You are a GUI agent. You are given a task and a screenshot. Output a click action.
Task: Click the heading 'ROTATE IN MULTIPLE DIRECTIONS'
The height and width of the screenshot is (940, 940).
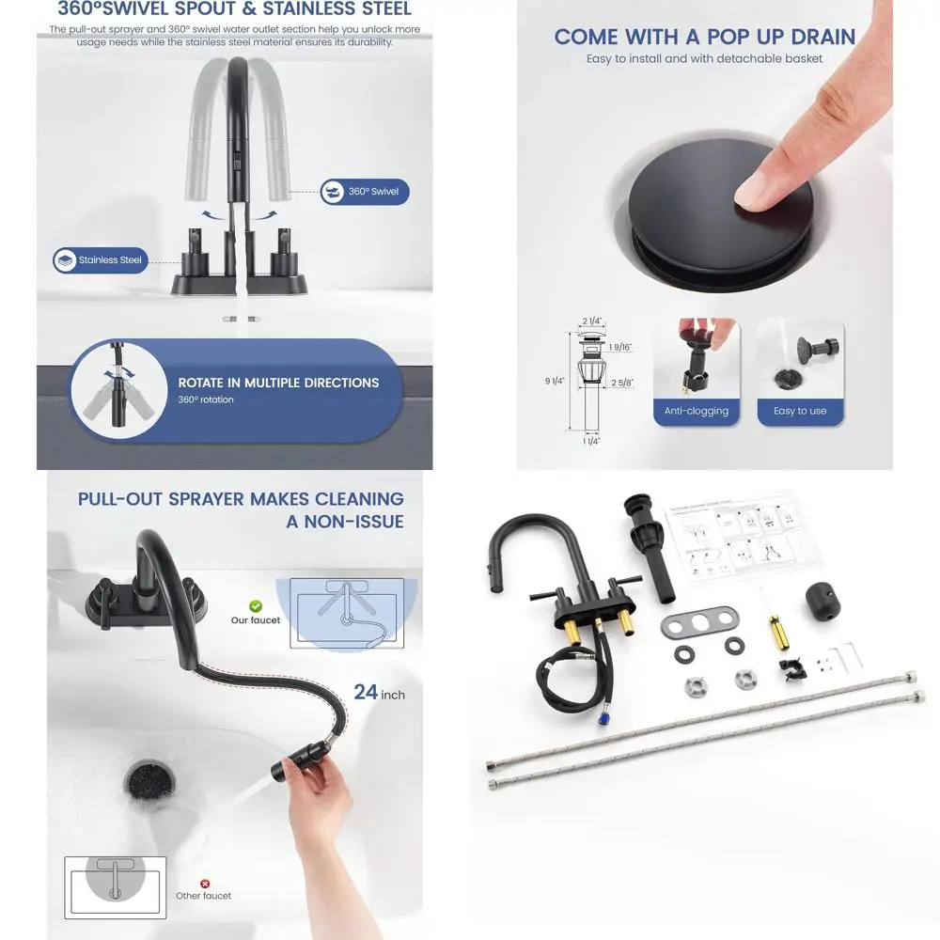click(x=278, y=383)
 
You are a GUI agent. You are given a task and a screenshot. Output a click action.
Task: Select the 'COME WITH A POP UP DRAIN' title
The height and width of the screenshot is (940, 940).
click(x=704, y=37)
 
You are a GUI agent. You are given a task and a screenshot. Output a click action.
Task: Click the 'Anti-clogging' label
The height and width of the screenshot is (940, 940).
click(x=697, y=411)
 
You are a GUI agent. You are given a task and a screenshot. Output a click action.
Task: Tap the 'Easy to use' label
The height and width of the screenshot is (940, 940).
click(x=800, y=411)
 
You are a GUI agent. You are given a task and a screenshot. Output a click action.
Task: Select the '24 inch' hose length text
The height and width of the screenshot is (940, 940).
click(x=379, y=693)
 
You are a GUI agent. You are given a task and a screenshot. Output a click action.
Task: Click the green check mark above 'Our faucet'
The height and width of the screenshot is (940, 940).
click(x=256, y=607)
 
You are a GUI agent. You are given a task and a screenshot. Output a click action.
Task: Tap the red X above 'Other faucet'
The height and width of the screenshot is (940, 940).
click(x=205, y=884)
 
